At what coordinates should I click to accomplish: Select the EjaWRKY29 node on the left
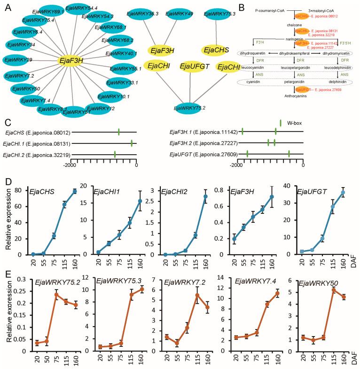(x=19, y=61)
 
